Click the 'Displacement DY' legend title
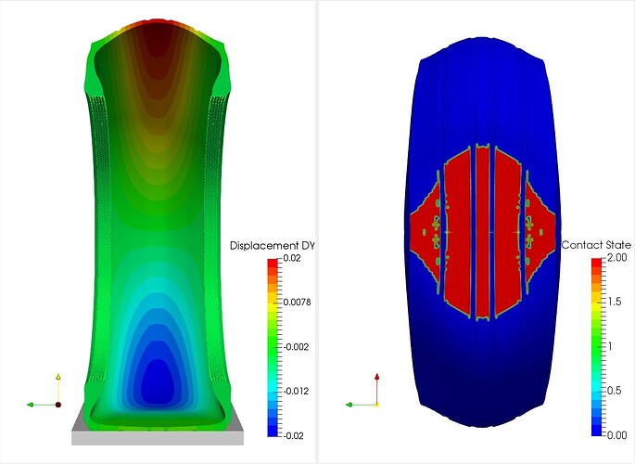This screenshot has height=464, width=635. tap(272, 246)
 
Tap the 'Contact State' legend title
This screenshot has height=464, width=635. tap(596, 245)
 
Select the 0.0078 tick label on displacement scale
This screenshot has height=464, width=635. tap(297, 302)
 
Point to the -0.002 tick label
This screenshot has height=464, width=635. tap(296, 347)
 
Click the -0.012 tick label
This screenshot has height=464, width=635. tap(296, 391)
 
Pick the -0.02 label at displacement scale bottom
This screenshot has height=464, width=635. tap(293, 435)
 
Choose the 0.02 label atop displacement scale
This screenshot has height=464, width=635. tap(292, 258)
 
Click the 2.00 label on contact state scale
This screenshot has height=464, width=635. tap(617, 257)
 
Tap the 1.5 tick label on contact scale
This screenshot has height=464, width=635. tap(615, 301)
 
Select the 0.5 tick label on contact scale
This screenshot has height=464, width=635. tap(615, 391)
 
